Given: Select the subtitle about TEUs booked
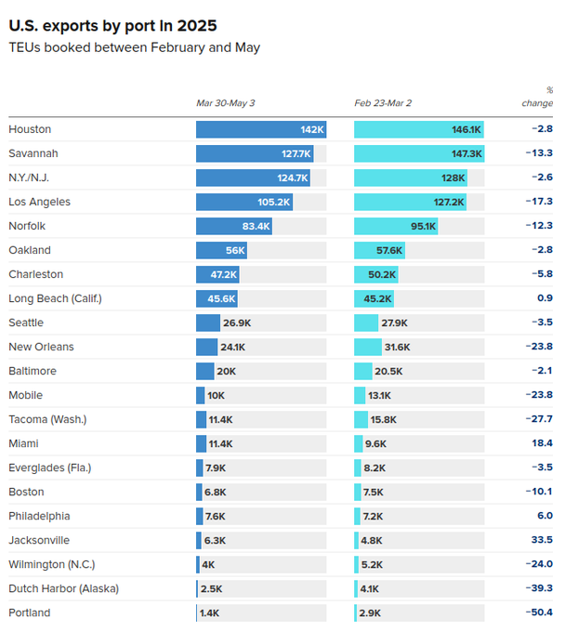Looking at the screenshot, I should (134, 47).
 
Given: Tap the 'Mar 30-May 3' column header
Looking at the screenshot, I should (225, 102).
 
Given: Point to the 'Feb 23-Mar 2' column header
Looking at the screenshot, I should (383, 102).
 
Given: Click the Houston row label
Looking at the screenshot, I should (30, 129).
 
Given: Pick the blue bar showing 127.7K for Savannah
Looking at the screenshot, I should (254, 153).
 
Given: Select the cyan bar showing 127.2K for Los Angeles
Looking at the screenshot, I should (409, 202).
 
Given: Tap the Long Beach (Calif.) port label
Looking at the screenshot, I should (55, 298).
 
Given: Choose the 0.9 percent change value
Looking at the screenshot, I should (545, 298).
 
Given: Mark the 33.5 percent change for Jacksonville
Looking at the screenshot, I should (541, 540).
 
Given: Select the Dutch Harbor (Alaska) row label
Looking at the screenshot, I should (63, 588).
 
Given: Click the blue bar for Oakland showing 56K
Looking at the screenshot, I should (221, 250).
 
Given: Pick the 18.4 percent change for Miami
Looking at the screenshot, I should (542, 443).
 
